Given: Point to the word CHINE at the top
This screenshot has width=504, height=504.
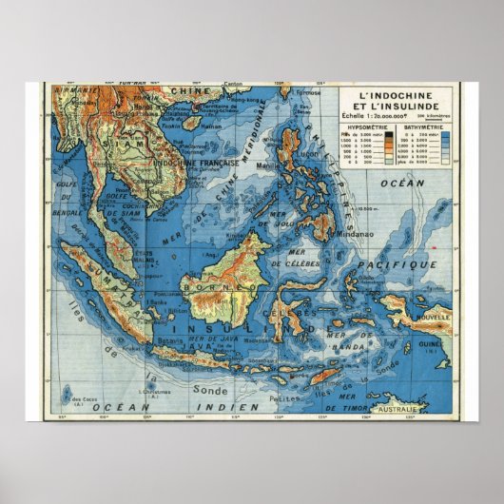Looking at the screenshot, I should pos(190,91).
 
